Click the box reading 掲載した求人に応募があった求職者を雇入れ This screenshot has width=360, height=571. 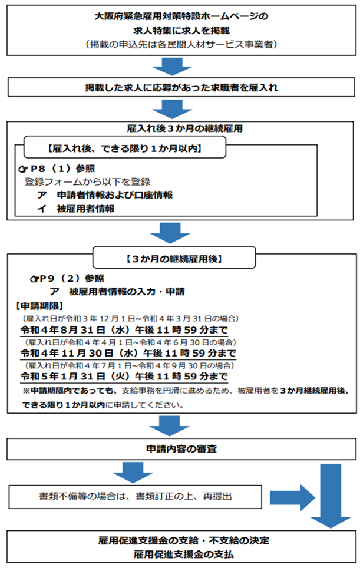181,88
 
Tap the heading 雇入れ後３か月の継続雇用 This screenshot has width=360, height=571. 181,128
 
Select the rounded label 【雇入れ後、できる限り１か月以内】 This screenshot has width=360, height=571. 124,148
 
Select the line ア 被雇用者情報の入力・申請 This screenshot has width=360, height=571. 127,292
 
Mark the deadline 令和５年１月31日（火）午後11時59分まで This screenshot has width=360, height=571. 124,377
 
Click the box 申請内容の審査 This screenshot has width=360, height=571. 181,449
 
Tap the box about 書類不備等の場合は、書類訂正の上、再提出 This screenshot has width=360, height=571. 136,496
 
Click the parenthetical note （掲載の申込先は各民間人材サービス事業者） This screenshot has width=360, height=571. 181,45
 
